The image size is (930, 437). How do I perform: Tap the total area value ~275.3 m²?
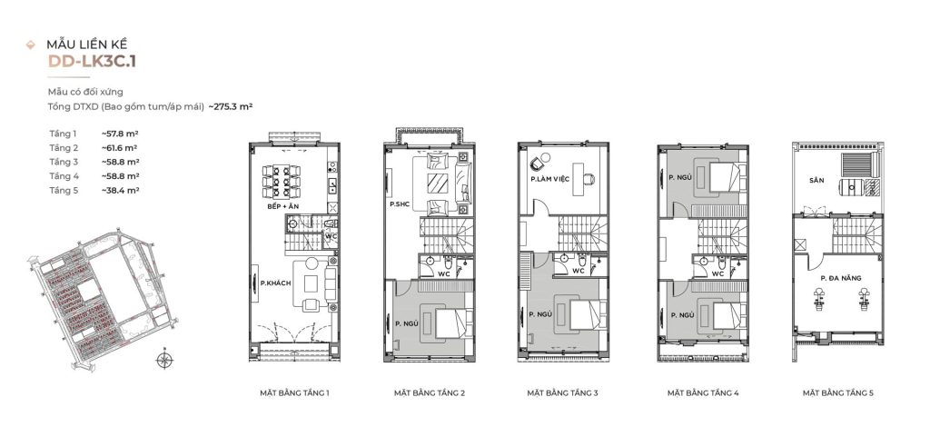(230, 106)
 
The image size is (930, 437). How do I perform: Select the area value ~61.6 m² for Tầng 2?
(120, 147)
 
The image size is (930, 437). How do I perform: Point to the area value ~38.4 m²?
(120, 191)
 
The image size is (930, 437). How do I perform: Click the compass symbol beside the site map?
(163, 361)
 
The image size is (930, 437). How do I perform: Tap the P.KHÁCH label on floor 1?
(275, 283)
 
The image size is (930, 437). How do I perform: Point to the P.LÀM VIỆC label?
(549, 180)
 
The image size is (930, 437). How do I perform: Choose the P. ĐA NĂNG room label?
(840, 276)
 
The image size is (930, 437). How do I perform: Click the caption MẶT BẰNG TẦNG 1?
(293, 393)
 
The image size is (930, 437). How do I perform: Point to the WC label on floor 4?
(717, 273)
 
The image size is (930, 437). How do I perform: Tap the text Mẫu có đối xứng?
(86, 92)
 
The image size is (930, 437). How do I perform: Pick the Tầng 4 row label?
(64, 176)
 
